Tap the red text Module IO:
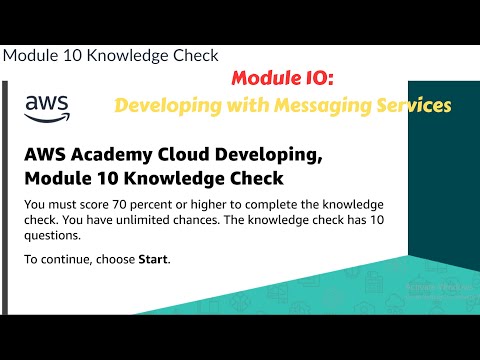pyautogui.click(x=275, y=78)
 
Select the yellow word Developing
pyautogui.click(x=162, y=103)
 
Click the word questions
pyautogui.click(x=54, y=237)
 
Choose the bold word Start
pyautogui.click(x=152, y=260)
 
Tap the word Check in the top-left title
pyautogui.click(x=195, y=55)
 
